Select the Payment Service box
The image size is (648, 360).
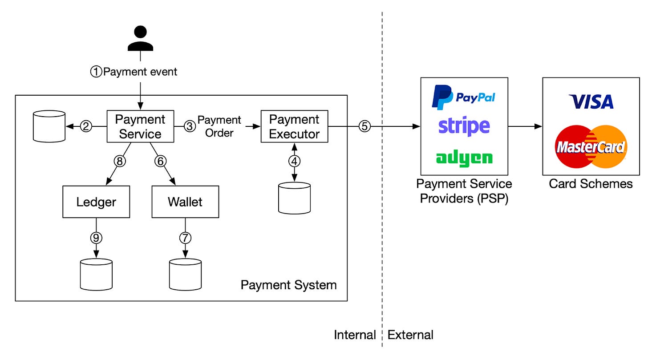click(x=140, y=126)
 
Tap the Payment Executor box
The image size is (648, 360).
click(x=294, y=126)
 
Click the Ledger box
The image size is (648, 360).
click(x=96, y=202)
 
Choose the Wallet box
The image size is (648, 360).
click(x=185, y=202)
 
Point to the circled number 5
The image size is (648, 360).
click(x=364, y=126)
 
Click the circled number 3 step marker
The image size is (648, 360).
click(x=190, y=126)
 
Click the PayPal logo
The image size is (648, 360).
click(x=464, y=97)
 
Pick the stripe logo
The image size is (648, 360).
click(x=464, y=126)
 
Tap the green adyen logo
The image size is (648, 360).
click(x=464, y=158)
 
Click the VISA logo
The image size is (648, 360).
click(x=591, y=102)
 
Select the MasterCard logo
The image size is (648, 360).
click(x=591, y=146)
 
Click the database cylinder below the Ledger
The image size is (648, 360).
click(x=96, y=274)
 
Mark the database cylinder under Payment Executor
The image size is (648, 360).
click(x=294, y=198)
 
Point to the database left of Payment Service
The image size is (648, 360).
click(x=49, y=126)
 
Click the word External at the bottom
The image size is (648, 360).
click(x=410, y=335)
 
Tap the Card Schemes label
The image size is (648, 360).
click(x=591, y=184)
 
